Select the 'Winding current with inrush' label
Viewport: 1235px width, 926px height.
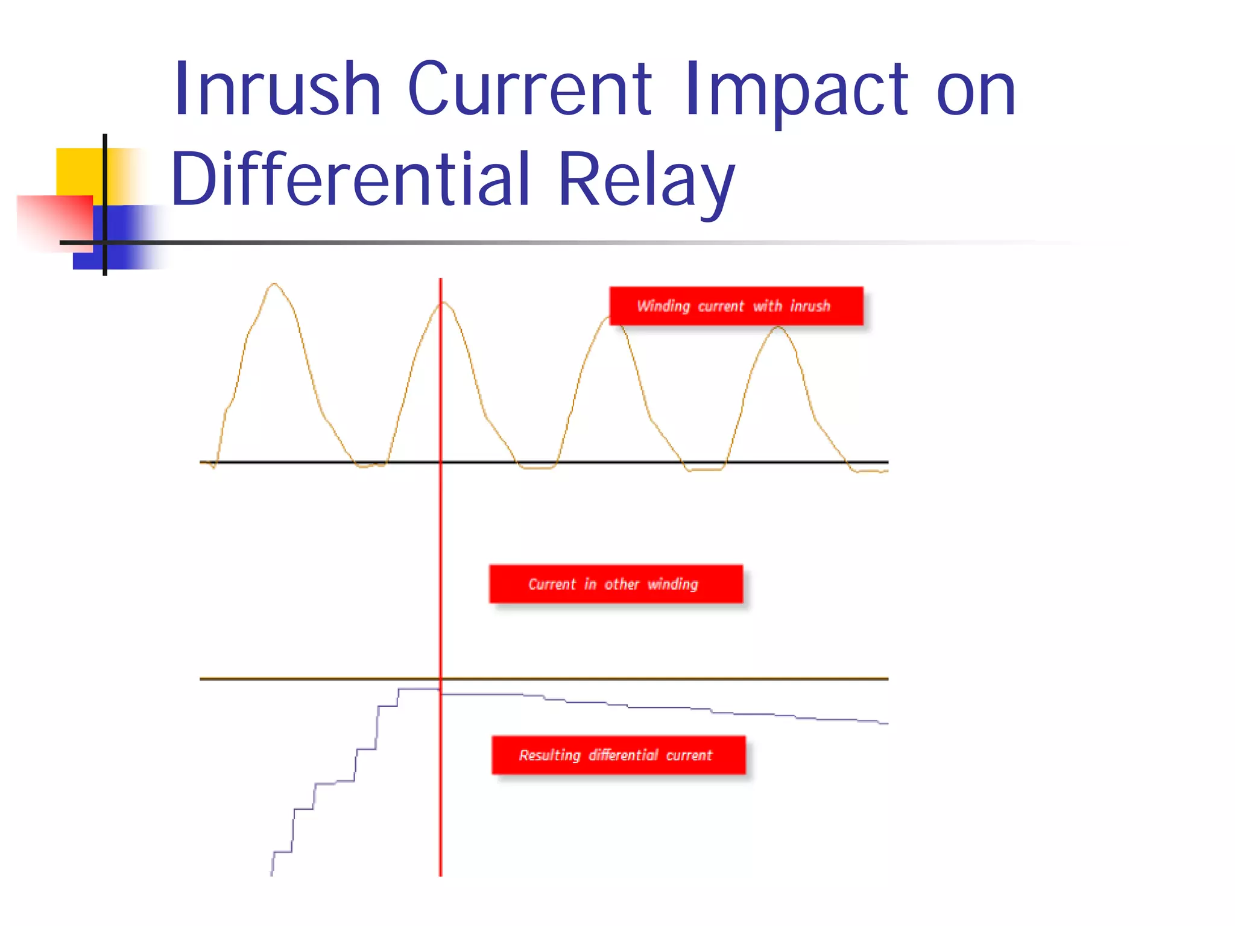click(x=736, y=306)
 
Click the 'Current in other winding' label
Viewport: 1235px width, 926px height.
click(x=616, y=584)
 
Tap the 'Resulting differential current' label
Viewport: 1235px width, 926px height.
click(x=618, y=755)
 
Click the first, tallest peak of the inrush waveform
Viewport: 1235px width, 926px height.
click(x=274, y=284)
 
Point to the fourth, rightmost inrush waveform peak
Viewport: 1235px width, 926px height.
click(x=778, y=327)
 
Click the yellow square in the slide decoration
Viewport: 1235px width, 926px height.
click(x=78, y=171)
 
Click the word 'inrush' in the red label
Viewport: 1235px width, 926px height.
click(x=810, y=306)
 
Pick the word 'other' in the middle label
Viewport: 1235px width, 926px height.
click(x=622, y=584)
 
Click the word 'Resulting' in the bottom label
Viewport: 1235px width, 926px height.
click(x=549, y=755)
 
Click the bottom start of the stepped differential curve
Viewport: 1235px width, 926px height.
click(x=272, y=872)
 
